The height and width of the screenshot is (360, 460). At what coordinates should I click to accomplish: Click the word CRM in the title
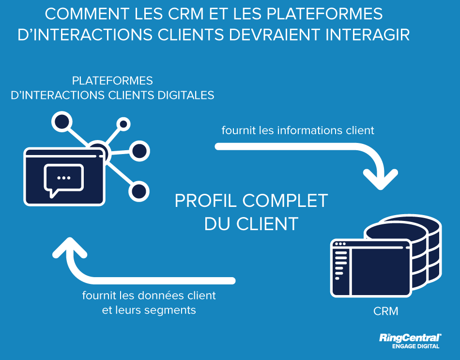coord(181,14)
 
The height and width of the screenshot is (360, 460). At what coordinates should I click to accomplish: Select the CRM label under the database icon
coord(385,311)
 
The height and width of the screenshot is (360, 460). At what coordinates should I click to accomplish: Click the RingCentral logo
coord(410,338)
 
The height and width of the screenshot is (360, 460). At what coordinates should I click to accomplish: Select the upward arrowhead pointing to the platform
coord(70,248)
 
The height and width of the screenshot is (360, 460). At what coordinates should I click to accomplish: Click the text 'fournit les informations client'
coord(298,130)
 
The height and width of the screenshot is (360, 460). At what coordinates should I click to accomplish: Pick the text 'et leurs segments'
coord(149,310)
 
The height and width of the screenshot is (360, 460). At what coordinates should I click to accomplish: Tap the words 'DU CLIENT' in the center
coord(251,223)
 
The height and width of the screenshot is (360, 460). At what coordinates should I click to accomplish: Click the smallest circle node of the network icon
coord(123,125)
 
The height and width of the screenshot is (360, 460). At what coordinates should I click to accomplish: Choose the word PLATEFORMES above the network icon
coord(112,80)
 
